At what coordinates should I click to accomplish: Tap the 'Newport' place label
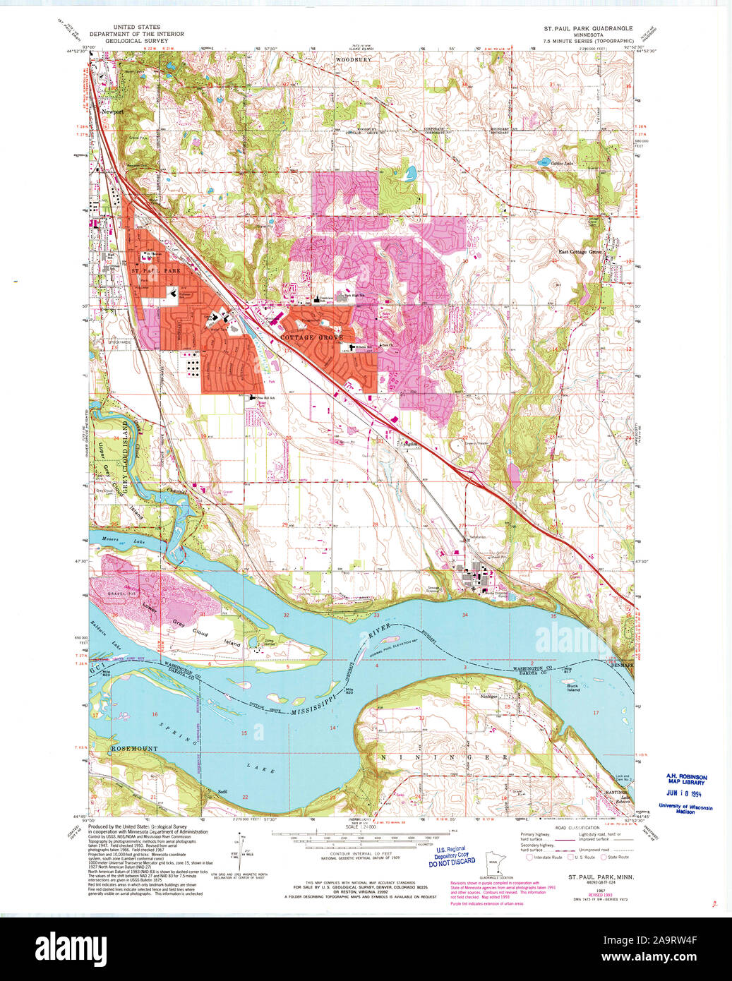(x=112, y=112)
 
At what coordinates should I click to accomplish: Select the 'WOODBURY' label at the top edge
(x=353, y=60)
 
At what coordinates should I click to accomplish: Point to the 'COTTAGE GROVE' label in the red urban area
(x=311, y=338)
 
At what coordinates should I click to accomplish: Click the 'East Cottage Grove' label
(x=580, y=252)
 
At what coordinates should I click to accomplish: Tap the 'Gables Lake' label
(x=563, y=164)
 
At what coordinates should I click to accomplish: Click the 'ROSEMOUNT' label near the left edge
(x=134, y=748)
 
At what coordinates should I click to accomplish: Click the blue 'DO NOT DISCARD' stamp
(x=448, y=862)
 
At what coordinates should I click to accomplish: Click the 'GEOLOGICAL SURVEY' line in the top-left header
(x=136, y=41)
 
